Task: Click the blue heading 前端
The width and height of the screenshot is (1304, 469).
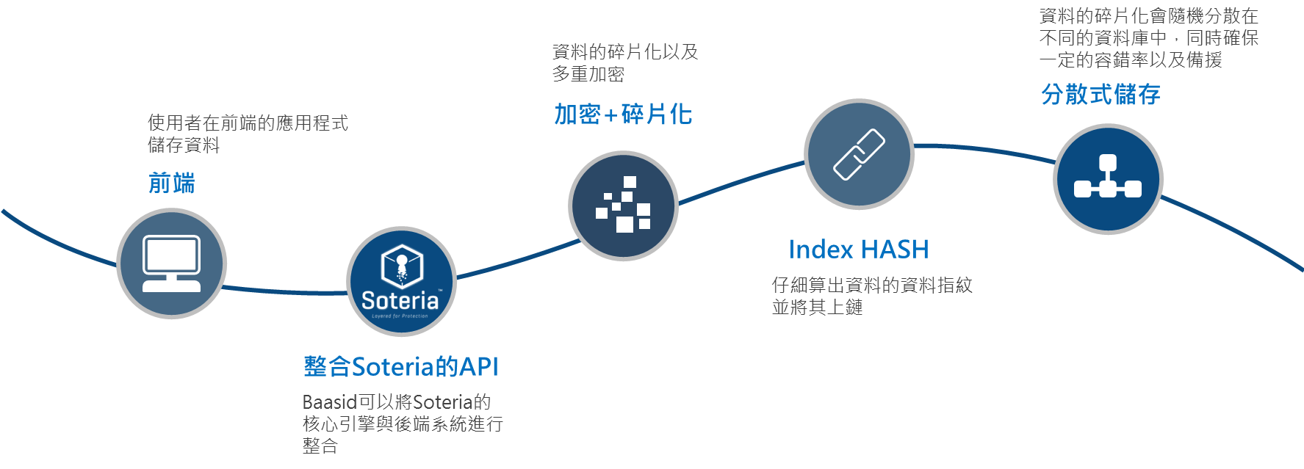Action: point(172,183)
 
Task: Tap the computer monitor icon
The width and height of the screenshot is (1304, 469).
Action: point(171,263)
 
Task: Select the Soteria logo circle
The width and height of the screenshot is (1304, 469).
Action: point(401,281)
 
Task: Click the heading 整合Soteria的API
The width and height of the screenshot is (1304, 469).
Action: point(400,366)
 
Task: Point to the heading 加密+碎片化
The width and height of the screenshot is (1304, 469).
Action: point(623,114)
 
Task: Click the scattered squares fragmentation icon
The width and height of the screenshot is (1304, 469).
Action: point(623,206)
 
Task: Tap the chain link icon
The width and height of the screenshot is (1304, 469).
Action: point(859,154)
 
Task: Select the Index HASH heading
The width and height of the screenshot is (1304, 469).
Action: point(858,250)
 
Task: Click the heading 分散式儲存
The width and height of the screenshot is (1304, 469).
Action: point(1101,95)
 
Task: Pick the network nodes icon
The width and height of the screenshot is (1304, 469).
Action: point(1108,178)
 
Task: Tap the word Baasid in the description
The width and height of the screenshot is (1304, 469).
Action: point(329,402)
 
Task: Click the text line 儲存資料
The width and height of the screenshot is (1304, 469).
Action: point(184,145)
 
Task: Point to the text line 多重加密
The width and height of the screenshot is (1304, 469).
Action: point(588,74)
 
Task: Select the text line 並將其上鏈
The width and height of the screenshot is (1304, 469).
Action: point(817,307)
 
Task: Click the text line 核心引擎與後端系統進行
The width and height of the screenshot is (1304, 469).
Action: point(403,424)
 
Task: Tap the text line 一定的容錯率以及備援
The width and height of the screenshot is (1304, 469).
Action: point(1131,60)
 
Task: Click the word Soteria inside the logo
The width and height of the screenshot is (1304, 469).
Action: point(400,300)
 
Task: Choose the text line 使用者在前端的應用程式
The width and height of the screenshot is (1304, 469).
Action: point(248,123)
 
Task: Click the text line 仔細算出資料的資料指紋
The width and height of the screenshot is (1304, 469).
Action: point(872,285)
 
